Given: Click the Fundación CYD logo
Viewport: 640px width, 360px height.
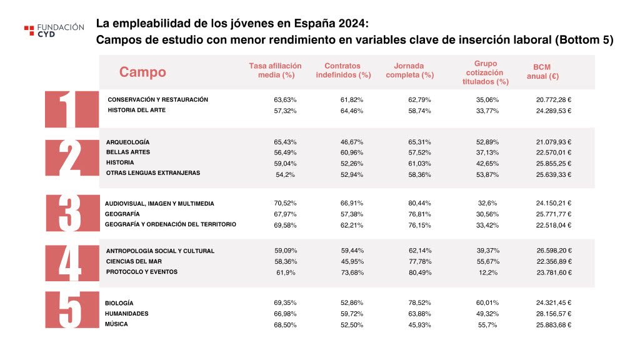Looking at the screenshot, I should pyautogui.click(x=54, y=31).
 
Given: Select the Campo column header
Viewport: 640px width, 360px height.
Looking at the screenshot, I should pyautogui.click(x=142, y=72).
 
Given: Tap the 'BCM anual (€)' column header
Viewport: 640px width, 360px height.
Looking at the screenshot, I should pyautogui.click(x=542, y=72).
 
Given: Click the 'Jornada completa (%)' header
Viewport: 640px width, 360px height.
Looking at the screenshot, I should pyautogui.click(x=409, y=71).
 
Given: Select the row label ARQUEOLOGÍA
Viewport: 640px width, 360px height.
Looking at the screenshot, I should pyautogui.click(x=127, y=142).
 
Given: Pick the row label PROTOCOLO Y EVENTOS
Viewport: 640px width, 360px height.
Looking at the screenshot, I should pyautogui.click(x=142, y=272).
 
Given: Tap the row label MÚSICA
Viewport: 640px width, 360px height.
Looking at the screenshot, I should pyautogui.click(x=116, y=324).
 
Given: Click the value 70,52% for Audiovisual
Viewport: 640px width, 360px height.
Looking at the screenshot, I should pyautogui.click(x=286, y=203).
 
